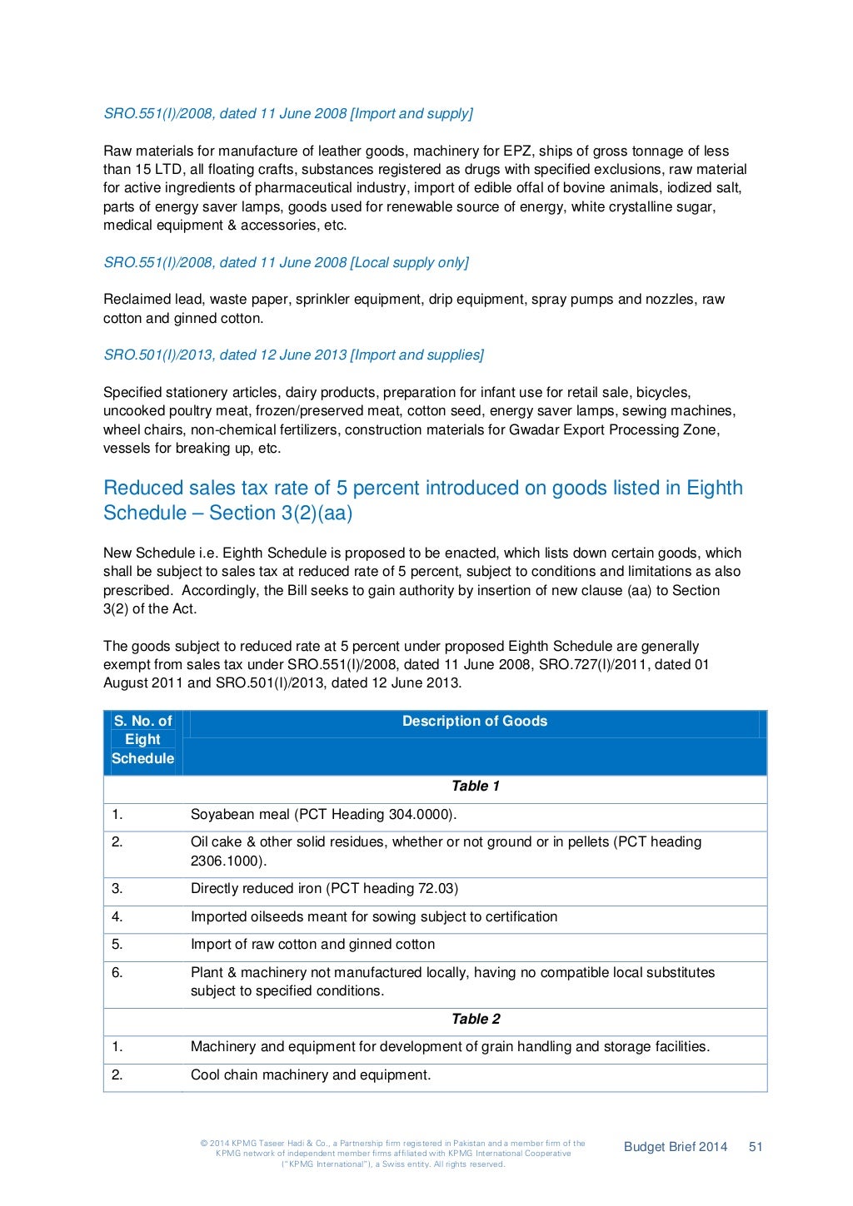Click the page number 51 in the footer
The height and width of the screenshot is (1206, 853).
(x=756, y=1146)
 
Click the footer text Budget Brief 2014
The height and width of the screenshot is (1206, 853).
(x=675, y=1146)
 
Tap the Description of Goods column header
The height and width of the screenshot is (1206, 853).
(x=474, y=721)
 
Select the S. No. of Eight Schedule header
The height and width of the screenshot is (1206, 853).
(x=142, y=740)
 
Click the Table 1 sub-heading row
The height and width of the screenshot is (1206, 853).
(x=475, y=786)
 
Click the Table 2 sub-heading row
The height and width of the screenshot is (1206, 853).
(x=475, y=1019)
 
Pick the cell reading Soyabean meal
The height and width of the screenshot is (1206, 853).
(x=323, y=814)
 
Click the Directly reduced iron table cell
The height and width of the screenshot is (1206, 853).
(x=324, y=888)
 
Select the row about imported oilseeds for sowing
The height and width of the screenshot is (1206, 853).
(x=373, y=916)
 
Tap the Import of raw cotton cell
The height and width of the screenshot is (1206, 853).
(x=312, y=944)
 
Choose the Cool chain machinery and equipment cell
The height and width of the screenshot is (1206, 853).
(x=311, y=1074)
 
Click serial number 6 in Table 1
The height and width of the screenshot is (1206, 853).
(x=117, y=972)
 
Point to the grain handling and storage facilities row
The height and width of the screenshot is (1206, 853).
(x=450, y=1046)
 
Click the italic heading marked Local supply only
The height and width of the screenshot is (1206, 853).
(x=286, y=262)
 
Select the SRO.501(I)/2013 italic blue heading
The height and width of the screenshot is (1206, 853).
(x=293, y=355)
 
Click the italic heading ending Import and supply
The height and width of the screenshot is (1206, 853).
(x=288, y=113)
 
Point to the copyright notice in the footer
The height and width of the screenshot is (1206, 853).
(x=393, y=1154)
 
